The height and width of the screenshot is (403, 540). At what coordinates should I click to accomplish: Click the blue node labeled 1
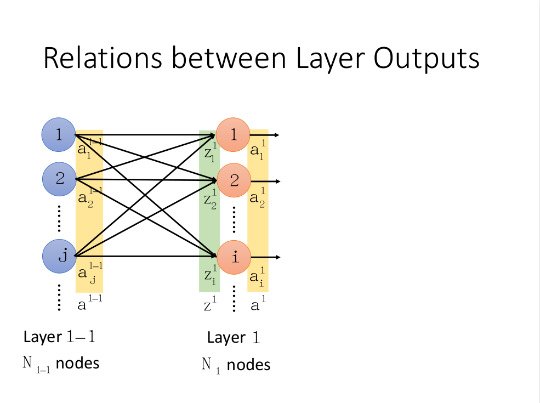[x=59, y=135]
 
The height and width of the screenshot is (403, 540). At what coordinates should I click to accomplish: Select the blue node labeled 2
[x=60, y=179]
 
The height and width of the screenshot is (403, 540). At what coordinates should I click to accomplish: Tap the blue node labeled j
[x=60, y=256]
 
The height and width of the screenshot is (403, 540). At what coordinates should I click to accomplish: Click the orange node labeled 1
[x=234, y=135]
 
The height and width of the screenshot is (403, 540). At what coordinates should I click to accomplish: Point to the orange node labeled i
[x=234, y=257]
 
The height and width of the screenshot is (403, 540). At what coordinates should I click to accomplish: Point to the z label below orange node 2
[x=209, y=200]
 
